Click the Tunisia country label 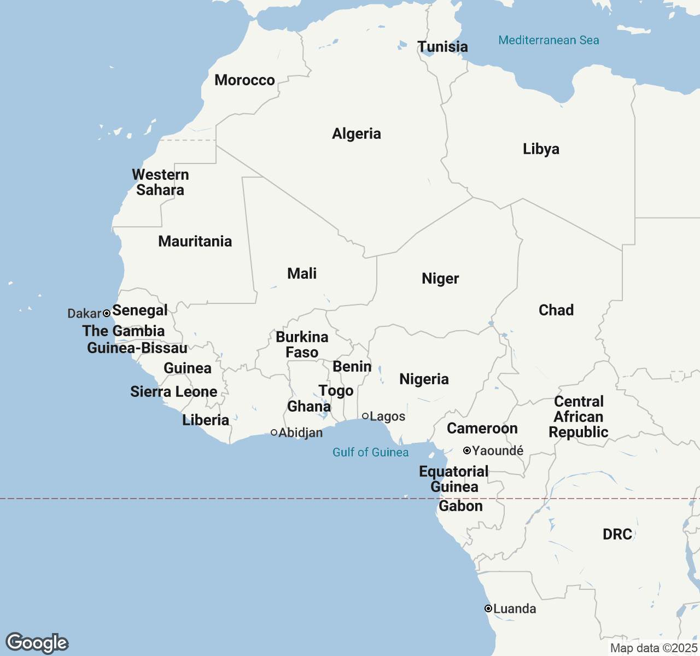pos(442,47)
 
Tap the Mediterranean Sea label pos(549,40)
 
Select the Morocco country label pos(244,80)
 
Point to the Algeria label pos(357,134)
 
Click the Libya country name pos(541,149)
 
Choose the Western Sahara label pos(160,183)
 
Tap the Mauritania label pos(195,242)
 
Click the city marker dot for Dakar pos(107,313)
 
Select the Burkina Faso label pos(302,345)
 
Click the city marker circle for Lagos pos(365,416)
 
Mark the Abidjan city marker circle pos(274,432)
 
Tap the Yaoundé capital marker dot pos(467,450)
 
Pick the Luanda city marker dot pos(488,608)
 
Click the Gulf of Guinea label pos(370,453)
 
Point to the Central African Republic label pos(579,417)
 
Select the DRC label pos(617,535)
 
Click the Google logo pos(37,643)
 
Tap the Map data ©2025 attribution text pos(654,648)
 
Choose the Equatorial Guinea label pos(454,479)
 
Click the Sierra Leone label pos(173,392)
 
